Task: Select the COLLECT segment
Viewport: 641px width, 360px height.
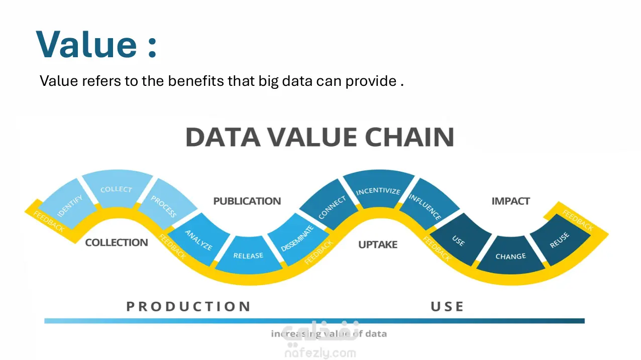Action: click(117, 189)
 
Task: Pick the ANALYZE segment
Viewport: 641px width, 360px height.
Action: click(198, 239)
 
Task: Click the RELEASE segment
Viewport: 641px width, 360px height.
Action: click(248, 255)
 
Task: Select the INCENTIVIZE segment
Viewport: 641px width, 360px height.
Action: click(378, 191)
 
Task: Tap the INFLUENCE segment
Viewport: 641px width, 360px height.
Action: click(425, 206)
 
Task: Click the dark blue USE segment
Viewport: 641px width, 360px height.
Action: click(458, 240)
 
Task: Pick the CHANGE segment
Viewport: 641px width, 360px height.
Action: click(510, 256)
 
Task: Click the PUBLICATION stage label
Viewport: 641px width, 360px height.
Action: click(247, 201)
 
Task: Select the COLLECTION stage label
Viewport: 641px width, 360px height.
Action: click(117, 243)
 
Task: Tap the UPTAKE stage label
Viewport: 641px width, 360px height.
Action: click(378, 245)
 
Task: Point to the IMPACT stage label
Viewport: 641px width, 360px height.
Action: click(510, 201)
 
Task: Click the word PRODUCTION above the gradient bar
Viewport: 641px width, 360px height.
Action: click(188, 307)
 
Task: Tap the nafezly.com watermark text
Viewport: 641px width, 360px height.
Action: click(320, 353)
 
